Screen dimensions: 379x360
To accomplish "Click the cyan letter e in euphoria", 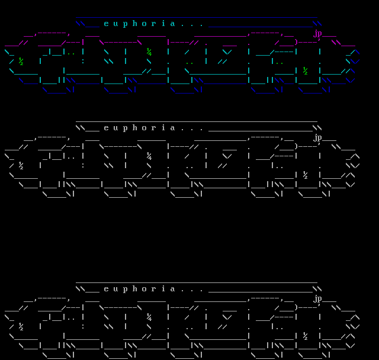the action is [x=106, y=24].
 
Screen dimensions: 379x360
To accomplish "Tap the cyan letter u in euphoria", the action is [x=115, y=24].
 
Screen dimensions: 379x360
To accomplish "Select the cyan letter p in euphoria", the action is [x=125, y=24].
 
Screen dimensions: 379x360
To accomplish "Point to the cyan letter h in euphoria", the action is [x=134, y=23].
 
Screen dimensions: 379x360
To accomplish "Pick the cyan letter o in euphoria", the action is [x=144, y=24].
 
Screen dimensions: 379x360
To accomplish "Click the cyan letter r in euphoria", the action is [x=153, y=24].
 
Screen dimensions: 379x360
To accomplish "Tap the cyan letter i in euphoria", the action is [x=163, y=23].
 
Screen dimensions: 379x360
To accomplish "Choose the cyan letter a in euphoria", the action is [x=172, y=24].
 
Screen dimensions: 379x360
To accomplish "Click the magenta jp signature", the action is [x=317, y=34].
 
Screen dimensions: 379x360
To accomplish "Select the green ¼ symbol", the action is [x=149, y=52].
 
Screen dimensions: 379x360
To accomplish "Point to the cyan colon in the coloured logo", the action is [x=83, y=62].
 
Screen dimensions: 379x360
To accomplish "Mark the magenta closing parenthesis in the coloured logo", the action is [x=296, y=43].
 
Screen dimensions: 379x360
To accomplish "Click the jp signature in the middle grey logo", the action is [x=317, y=138].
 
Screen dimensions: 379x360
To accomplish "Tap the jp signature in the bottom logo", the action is [x=317, y=299].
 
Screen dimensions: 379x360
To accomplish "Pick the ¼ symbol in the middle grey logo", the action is [x=149, y=156].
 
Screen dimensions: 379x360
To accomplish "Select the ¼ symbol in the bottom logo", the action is [x=149, y=317].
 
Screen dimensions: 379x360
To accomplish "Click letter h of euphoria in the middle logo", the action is [x=134, y=127].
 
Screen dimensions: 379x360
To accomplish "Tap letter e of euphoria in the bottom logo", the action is [x=106, y=289].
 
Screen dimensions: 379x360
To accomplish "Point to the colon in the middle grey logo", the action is [x=83, y=166].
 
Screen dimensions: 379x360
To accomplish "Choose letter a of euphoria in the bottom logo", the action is [x=172, y=289].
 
